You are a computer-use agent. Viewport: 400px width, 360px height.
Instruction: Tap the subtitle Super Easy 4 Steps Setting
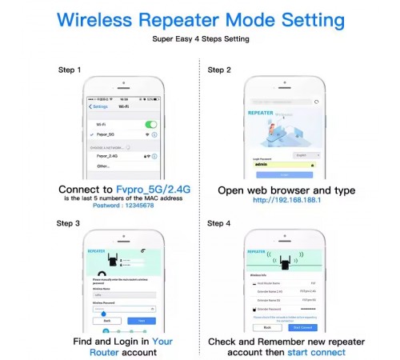pos(199,38)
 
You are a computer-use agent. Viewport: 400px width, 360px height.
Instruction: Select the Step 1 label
pos(70,70)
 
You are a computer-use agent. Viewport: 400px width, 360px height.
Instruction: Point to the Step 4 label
pos(220,224)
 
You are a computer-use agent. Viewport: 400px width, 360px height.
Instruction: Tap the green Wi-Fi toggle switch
pos(150,125)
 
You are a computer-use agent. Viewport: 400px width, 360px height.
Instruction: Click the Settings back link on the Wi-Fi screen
pos(99,106)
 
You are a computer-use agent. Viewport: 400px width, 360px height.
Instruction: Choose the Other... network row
pos(104,166)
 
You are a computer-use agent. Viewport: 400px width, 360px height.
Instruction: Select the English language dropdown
pos(304,154)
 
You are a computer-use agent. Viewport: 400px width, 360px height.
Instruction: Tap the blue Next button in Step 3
pos(142,320)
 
